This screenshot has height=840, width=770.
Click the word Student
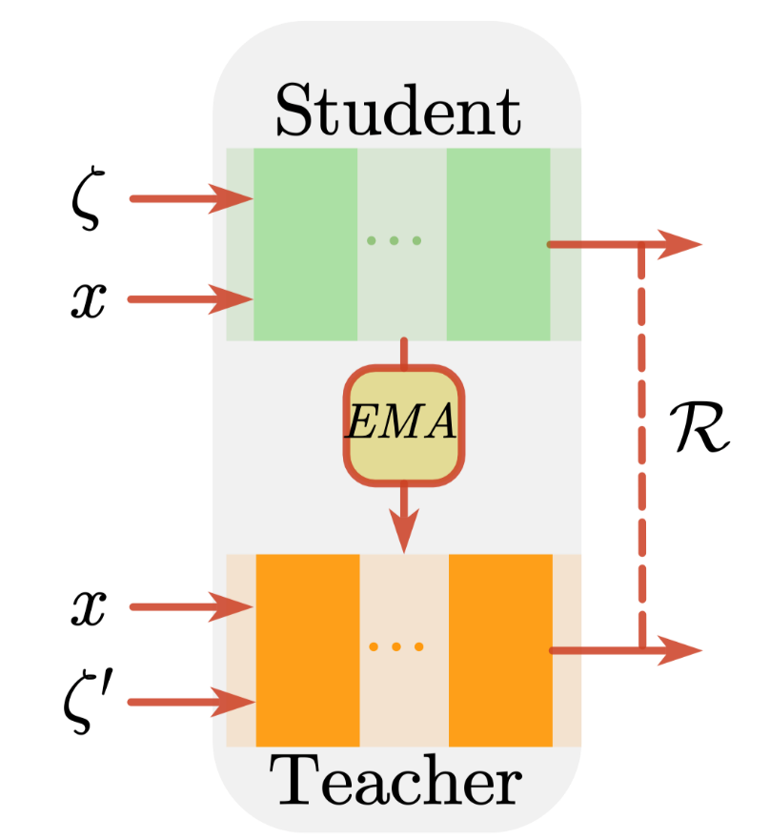[397, 112]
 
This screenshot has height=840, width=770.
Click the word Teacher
[395, 780]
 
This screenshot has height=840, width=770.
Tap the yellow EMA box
[404, 425]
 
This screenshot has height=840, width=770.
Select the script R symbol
[699, 427]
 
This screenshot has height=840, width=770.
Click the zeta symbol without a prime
[88, 197]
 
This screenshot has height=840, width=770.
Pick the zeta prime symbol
[88, 703]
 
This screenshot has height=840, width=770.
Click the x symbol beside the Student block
[89, 300]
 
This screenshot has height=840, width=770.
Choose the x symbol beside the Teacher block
[89, 607]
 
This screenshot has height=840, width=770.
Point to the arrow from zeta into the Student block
[192, 198]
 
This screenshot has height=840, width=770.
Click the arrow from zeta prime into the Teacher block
[192, 702]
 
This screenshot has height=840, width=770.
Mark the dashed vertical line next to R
[641, 447]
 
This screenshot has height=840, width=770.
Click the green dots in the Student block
[395, 240]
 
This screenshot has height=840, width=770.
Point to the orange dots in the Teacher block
[396, 646]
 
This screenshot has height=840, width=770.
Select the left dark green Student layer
[305, 244]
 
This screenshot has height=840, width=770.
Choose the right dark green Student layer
[498, 244]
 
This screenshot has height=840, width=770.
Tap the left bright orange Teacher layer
[308, 650]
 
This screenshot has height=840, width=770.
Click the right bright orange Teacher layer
[500, 650]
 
